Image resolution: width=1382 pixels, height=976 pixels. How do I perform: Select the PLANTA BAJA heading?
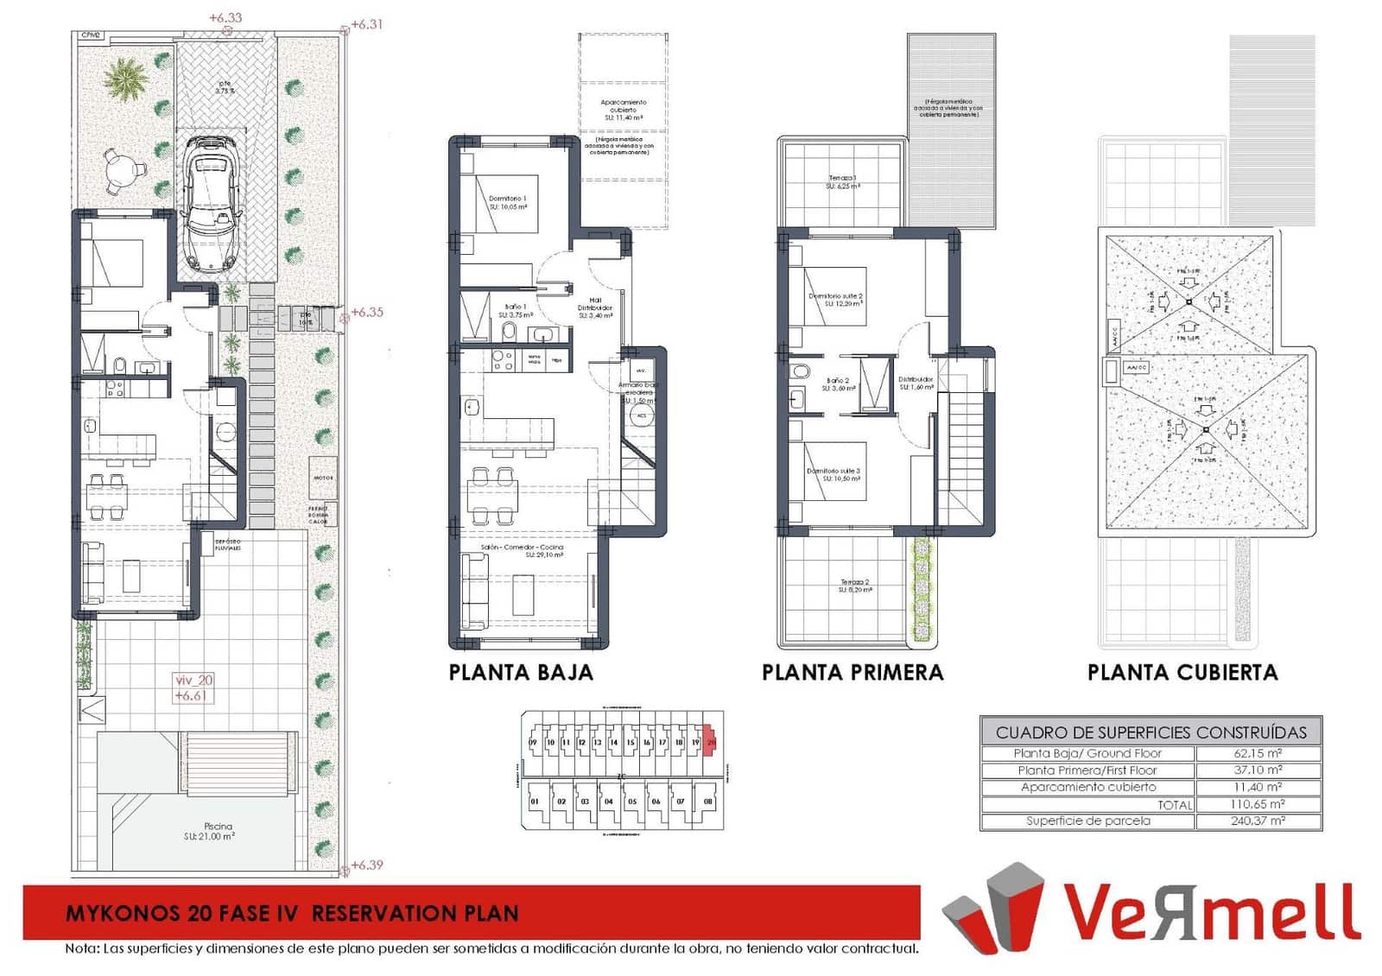coord(521,672)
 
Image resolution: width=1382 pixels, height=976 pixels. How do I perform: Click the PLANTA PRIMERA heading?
coord(852,672)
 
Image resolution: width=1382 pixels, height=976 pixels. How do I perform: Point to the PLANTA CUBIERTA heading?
coord(1182,672)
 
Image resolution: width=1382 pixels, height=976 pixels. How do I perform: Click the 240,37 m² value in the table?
coord(1258,821)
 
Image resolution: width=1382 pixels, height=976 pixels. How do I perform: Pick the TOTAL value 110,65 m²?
coord(1258,804)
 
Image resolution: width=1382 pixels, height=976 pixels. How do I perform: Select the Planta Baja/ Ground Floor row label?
coord(1087,753)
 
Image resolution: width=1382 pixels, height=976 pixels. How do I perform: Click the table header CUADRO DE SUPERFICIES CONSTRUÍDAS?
coord(1151,732)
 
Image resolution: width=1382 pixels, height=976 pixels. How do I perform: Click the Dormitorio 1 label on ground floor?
coord(507,200)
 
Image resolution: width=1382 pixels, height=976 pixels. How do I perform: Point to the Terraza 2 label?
coord(854,583)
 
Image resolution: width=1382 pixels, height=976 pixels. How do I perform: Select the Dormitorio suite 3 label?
coord(833,472)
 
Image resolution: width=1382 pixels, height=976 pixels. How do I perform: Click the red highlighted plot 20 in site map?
coord(711,742)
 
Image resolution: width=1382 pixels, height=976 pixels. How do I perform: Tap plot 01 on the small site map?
coord(535,802)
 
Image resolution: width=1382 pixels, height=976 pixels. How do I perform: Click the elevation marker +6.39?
coord(367,865)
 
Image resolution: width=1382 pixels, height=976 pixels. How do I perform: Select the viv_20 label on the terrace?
coord(193,681)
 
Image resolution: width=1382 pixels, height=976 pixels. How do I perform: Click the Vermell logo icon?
coord(993,907)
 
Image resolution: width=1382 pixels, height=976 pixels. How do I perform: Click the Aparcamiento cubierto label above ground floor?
coord(623,106)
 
